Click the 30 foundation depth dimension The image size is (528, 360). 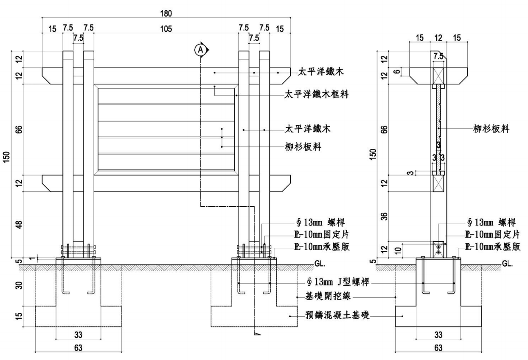coord(19,286)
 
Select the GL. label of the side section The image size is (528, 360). coord(507,263)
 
